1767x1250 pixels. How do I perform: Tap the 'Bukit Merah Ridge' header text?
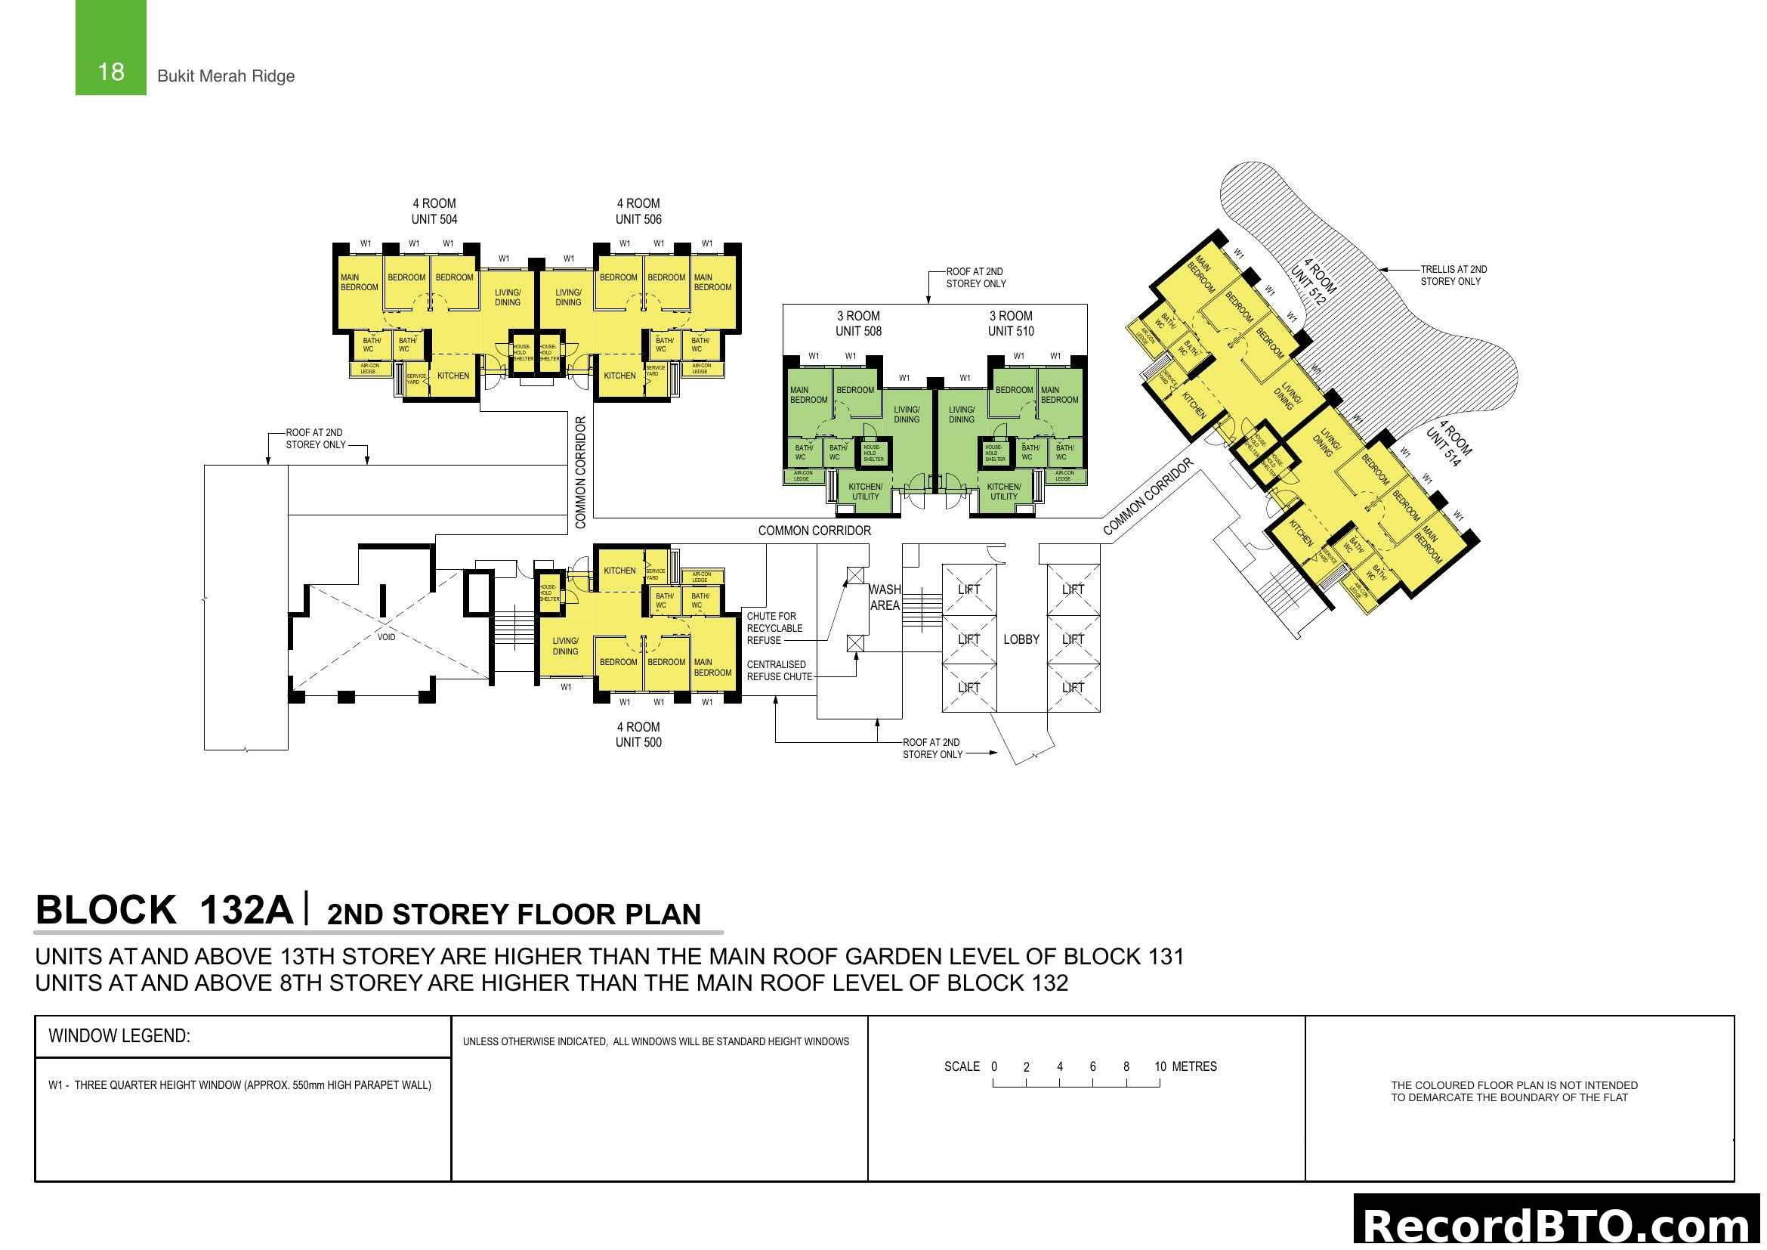point(225,76)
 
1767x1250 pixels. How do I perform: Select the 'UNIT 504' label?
point(434,219)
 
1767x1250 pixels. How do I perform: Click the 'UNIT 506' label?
point(638,219)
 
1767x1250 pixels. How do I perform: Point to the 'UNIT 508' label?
point(858,332)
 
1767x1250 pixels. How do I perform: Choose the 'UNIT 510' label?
point(1011,332)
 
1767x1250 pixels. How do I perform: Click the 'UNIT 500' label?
point(638,743)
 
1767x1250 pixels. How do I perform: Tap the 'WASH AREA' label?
point(885,598)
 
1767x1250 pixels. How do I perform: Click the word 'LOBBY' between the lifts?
point(1021,639)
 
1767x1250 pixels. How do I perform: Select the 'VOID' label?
point(386,637)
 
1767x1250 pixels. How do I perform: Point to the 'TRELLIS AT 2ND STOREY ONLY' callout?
point(1453,276)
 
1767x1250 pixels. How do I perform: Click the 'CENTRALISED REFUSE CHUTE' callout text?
point(779,670)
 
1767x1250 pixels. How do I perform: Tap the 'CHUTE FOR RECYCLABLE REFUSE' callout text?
point(774,628)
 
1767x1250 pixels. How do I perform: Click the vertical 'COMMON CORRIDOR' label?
point(581,472)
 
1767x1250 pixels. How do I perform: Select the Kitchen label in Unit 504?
point(453,376)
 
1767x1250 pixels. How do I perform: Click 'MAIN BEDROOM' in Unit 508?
point(808,394)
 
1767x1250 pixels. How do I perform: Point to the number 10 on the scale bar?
point(1160,1067)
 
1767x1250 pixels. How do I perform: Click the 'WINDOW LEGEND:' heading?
point(119,1036)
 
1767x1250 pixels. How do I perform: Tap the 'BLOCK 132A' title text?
point(164,910)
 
